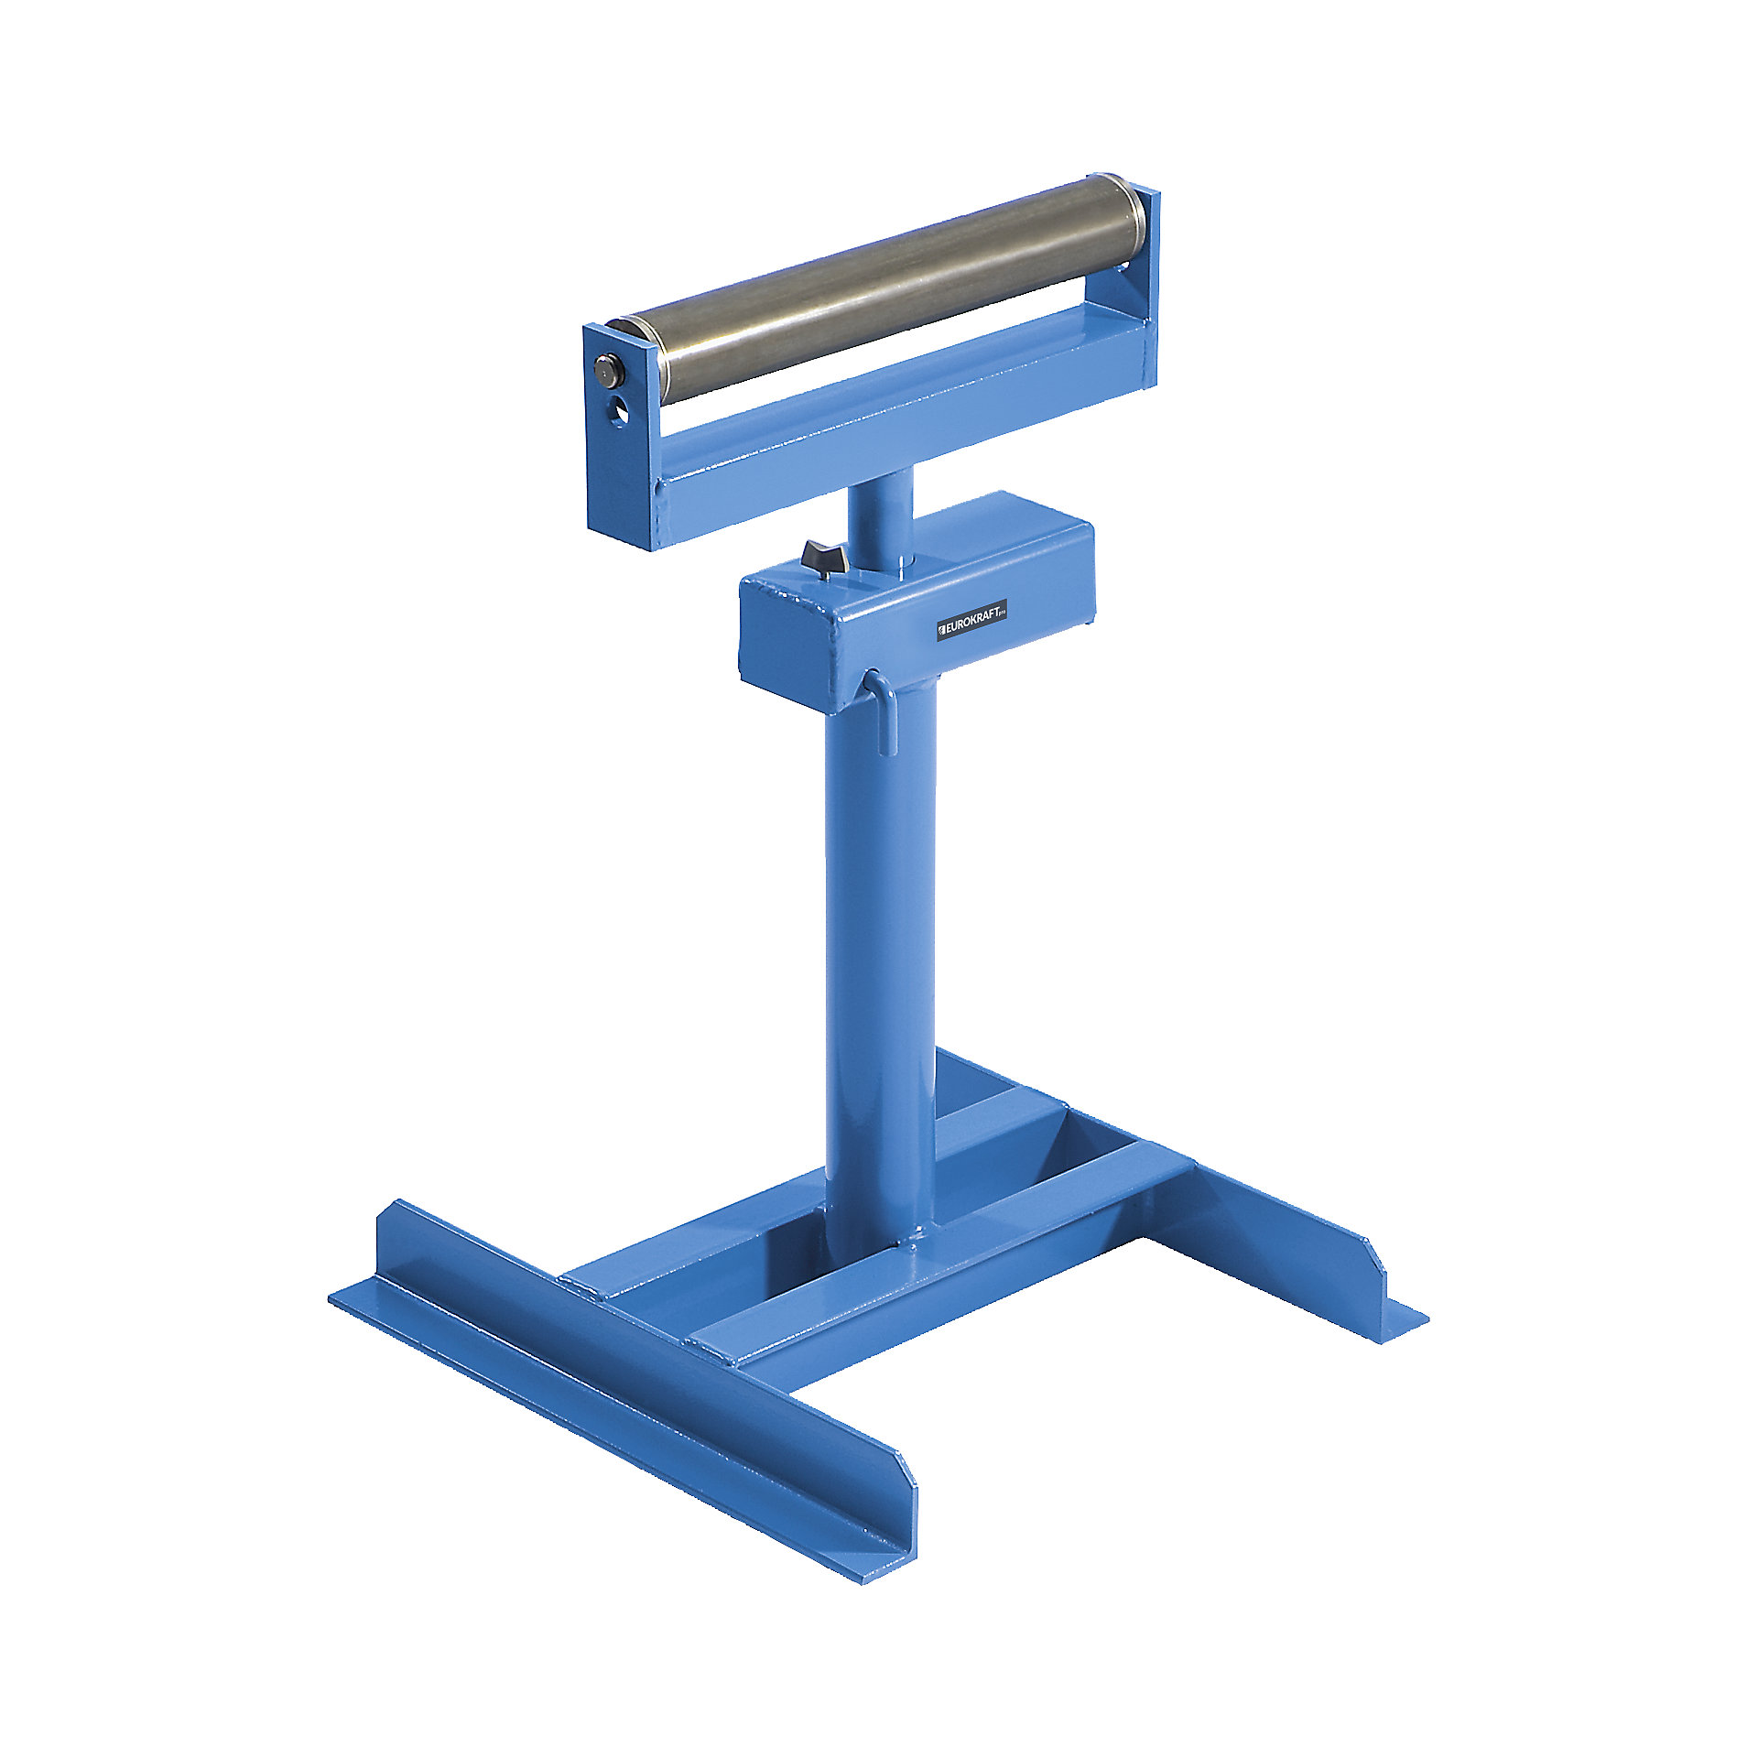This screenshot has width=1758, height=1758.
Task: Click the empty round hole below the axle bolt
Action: (x=621, y=411)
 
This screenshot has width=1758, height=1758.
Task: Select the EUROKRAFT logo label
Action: (x=971, y=624)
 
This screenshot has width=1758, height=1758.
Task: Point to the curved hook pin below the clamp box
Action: (x=881, y=710)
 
